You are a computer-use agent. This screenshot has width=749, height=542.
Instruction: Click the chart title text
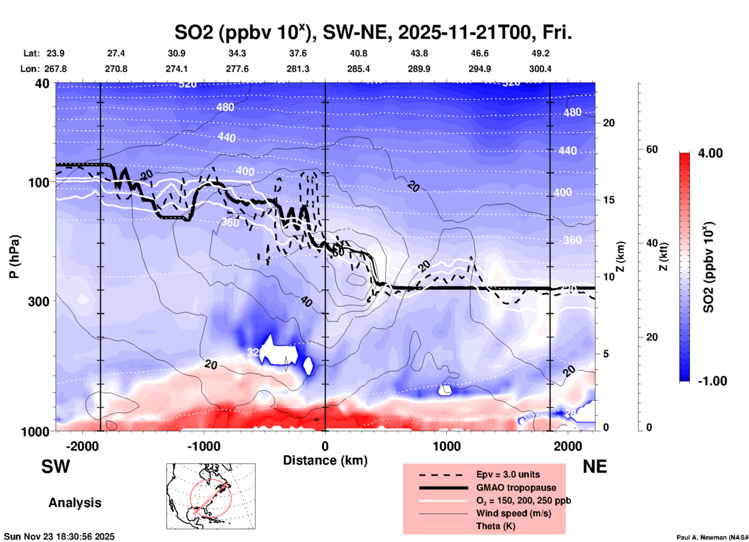pos(373,32)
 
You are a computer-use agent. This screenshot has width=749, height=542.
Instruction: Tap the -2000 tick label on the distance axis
pos(82,446)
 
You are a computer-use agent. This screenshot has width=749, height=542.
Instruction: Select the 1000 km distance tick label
pos(446,446)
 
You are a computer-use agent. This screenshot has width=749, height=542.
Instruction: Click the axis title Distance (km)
pos(325,460)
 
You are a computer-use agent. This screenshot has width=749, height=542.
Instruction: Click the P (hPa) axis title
pos(14,257)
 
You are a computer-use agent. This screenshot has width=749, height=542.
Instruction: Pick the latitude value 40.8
pos(358,53)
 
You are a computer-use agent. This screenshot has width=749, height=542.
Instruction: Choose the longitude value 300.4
pos(540,69)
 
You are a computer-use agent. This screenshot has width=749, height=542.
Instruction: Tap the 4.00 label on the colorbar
pos(710,153)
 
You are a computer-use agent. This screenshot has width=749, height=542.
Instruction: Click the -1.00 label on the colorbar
pos(712,381)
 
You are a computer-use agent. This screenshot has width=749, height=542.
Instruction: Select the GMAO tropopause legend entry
pos(516,488)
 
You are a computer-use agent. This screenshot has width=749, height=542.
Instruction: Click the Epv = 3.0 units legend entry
pos(508,474)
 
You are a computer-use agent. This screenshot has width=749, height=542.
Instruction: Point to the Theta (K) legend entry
pos(495,526)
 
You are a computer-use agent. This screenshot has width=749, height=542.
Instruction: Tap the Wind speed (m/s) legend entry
pos(513,513)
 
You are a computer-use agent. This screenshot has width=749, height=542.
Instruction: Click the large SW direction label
pos(56,467)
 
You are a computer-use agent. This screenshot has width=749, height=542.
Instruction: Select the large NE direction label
pos(595,467)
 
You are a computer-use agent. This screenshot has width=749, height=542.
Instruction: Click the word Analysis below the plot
pos(75,503)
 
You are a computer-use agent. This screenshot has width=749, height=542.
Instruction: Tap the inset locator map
pos(211,496)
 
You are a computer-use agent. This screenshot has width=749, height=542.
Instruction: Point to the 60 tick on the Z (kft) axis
pos(651,149)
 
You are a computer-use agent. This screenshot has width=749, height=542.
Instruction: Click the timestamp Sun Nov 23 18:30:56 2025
pos(59,537)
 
